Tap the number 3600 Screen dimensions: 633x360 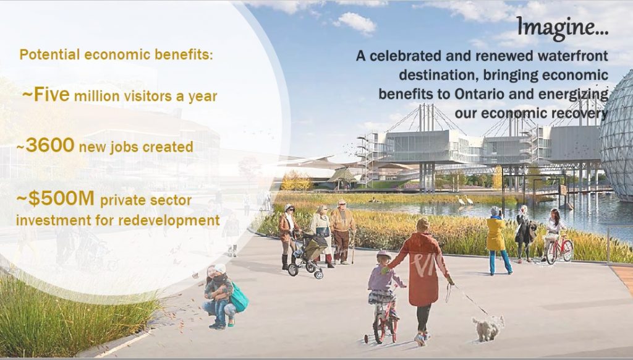coord(50,145)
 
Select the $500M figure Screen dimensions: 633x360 coord(61,199)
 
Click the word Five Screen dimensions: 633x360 coord(52,95)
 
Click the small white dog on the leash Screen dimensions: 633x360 coord(488,328)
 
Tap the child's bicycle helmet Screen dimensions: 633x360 coord(383,255)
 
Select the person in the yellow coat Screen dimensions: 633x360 coord(497,240)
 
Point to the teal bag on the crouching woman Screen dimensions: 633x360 coord(239,298)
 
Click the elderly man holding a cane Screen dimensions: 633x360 coord(342,232)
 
